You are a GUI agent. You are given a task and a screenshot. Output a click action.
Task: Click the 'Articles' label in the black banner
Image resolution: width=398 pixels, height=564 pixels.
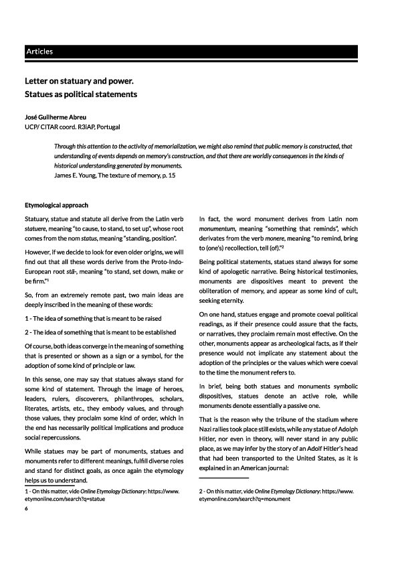click(x=39, y=52)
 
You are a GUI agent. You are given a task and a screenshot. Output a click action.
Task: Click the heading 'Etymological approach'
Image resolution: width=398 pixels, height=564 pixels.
click(x=56, y=205)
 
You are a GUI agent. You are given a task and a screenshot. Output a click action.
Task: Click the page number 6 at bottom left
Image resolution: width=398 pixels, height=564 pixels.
click(x=26, y=509)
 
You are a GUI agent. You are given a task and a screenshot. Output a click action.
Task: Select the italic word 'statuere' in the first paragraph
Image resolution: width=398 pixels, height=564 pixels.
click(x=38, y=229)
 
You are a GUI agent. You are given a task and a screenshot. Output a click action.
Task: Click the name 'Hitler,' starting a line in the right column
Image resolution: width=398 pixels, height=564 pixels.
click(x=211, y=437)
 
